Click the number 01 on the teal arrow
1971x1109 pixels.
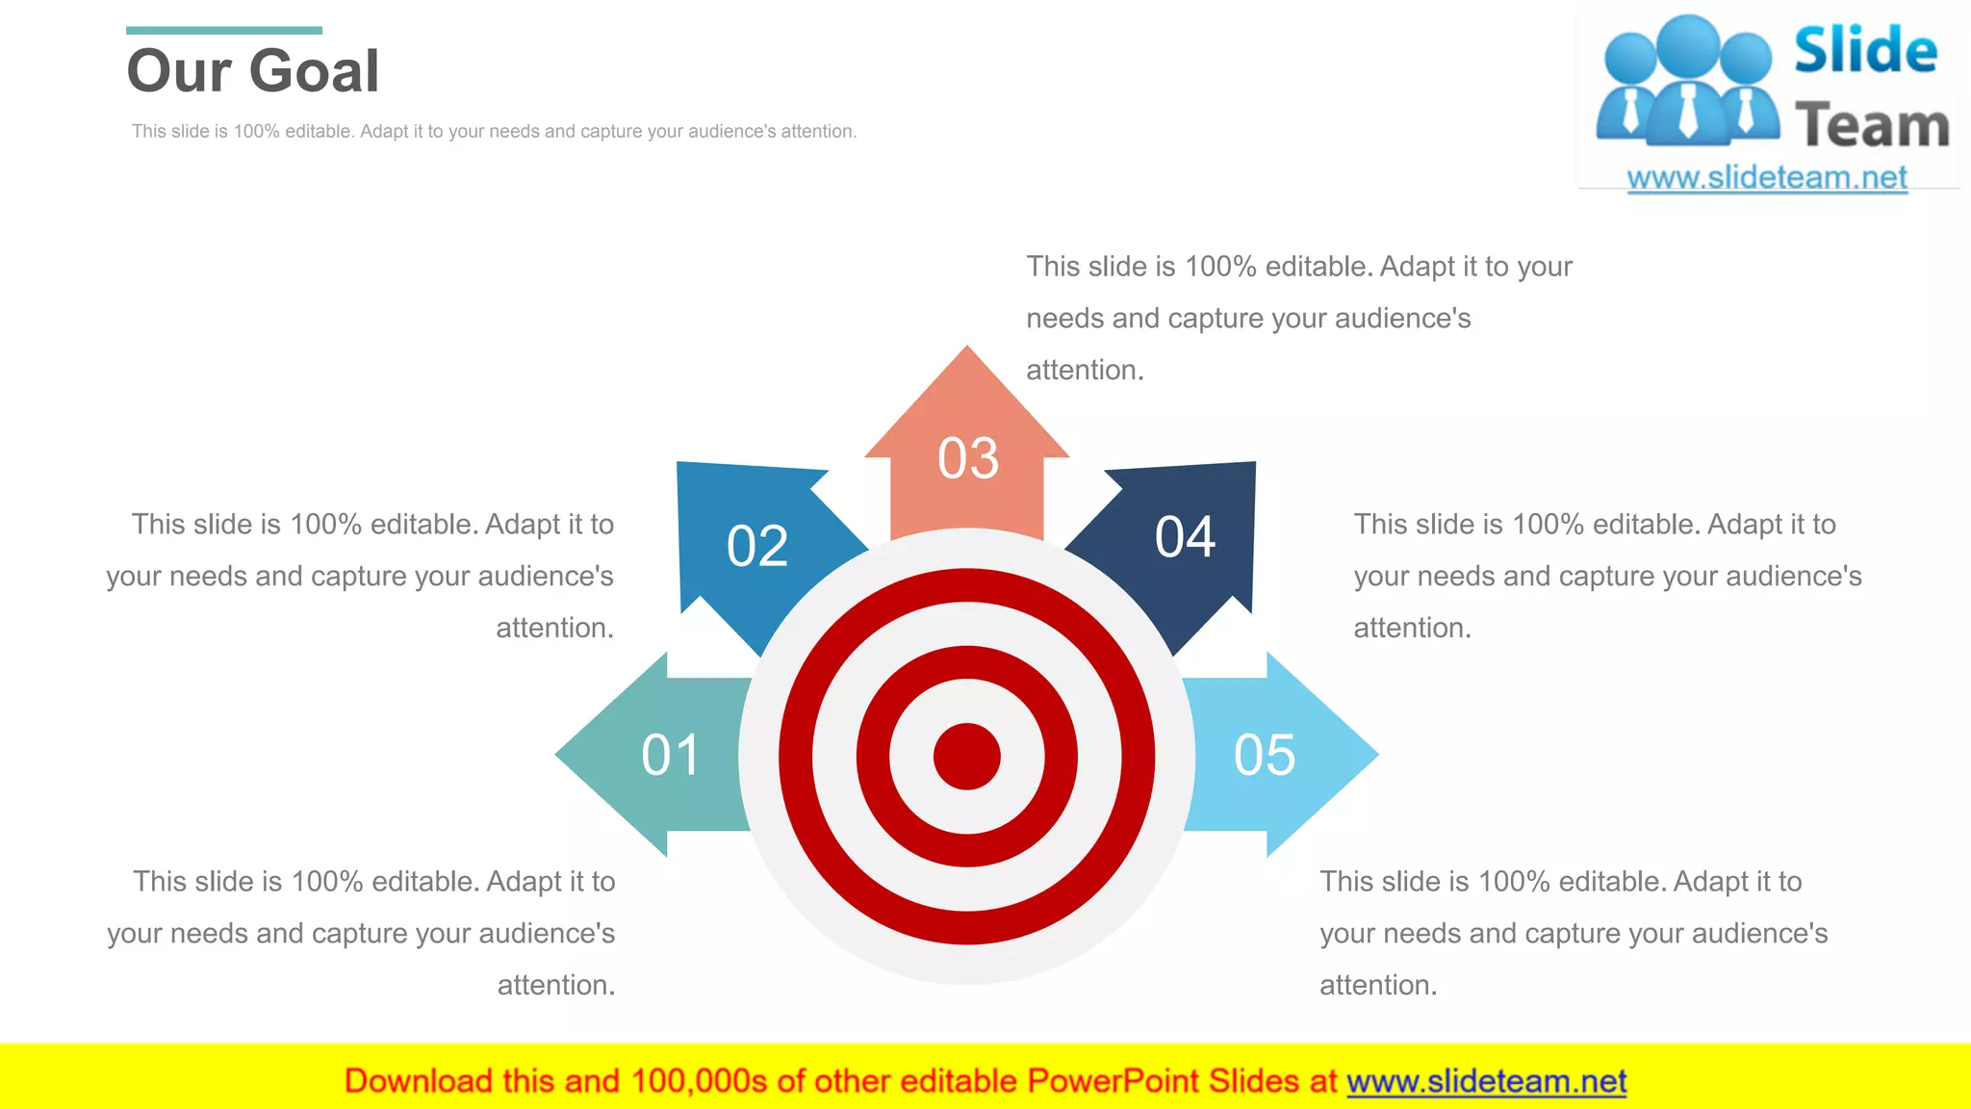point(670,755)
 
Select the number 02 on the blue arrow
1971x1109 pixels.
point(757,546)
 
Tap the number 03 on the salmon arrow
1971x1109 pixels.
point(968,458)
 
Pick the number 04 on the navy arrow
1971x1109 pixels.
point(1185,537)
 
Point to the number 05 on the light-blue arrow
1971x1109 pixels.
point(1265,755)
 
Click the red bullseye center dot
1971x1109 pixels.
point(967,757)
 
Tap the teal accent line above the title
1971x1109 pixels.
point(223,31)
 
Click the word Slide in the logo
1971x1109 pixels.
point(1865,50)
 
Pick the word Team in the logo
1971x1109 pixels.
point(1872,126)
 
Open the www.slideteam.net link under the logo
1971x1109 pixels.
point(1767,178)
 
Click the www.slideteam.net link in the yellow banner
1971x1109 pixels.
point(1486,1082)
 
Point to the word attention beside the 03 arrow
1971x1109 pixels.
point(1084,371)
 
